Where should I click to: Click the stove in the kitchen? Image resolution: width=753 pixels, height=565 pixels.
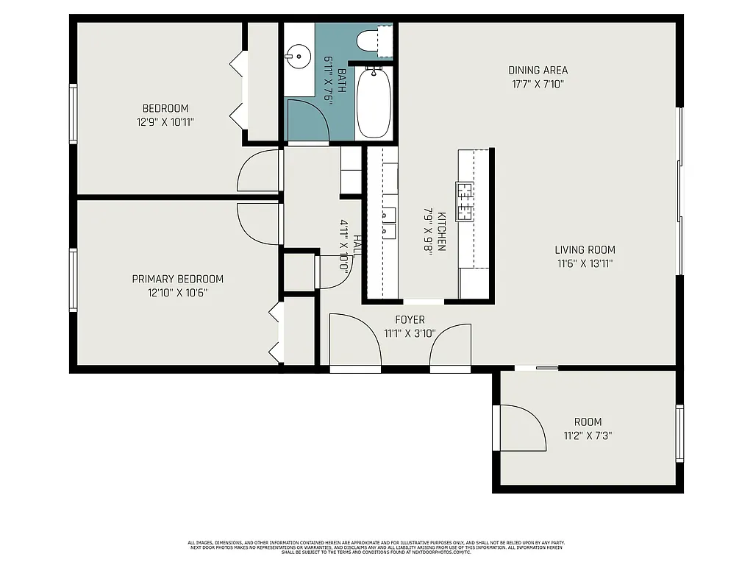(x=465, y=202)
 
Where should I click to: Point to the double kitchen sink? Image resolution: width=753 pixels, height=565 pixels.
(x=388, y=223)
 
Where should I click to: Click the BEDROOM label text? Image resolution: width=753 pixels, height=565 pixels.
(x=165, y=108)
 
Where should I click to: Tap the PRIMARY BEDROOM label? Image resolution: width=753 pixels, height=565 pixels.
(x=177, y=279)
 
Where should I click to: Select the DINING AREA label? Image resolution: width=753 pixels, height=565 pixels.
(x=538, y=71)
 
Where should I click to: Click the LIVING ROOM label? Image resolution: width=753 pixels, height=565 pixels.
(x=585, y=249)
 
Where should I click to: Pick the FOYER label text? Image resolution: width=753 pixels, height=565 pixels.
(x=410, y=320)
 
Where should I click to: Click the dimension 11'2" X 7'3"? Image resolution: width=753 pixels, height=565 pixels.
(x=588, y=436)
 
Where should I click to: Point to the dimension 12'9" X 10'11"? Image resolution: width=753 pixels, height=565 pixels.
(x=165, y=122)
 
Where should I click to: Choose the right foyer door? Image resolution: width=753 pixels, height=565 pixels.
(x=451, y=344)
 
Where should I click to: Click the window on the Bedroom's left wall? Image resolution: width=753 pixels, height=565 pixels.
(x=74, y=113)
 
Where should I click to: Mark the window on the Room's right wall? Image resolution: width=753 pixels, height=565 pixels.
(x=679, y=433)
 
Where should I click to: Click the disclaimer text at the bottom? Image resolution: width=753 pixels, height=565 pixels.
(x=376, y=547)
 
